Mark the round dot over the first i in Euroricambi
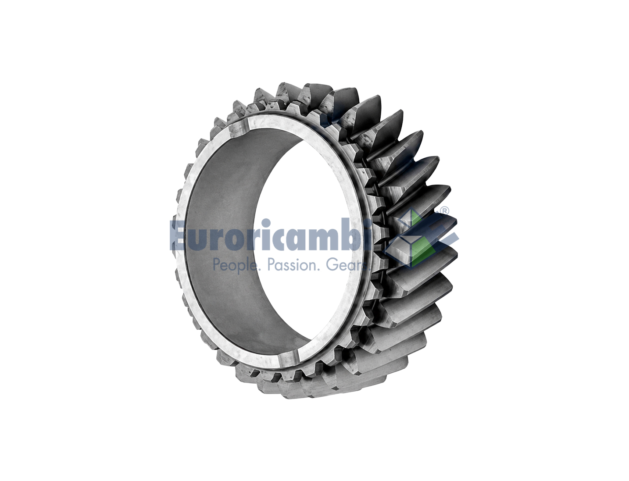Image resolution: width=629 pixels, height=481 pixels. [266, 223]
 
